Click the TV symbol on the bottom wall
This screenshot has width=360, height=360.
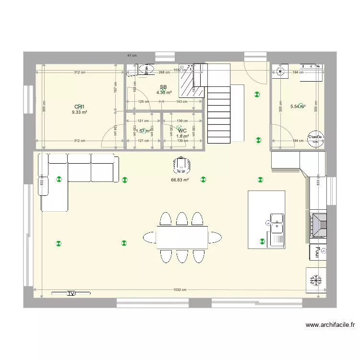(x=71, y=293)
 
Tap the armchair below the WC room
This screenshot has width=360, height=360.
(x=181, y=165)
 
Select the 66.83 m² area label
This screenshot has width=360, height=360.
(x=180, y=180)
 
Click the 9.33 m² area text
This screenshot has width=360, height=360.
(x=79, y=112)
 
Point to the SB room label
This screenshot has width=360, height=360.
(x=163, y=87)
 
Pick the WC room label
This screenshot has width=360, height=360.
(x=182, y=131)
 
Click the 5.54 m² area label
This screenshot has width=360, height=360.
(x=298, y=107)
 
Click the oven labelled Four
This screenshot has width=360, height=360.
(x=317, y=251)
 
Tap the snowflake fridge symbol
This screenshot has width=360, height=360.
(x=316, y=280)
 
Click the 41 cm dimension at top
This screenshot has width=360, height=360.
(x=132, y=56)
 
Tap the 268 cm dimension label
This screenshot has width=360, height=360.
(x=165, y=72)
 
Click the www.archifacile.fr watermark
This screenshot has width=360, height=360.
(x=330, y=325)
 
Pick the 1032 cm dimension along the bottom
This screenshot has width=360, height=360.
(x=180, y=290)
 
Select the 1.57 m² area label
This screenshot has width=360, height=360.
(x=142, y=131)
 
